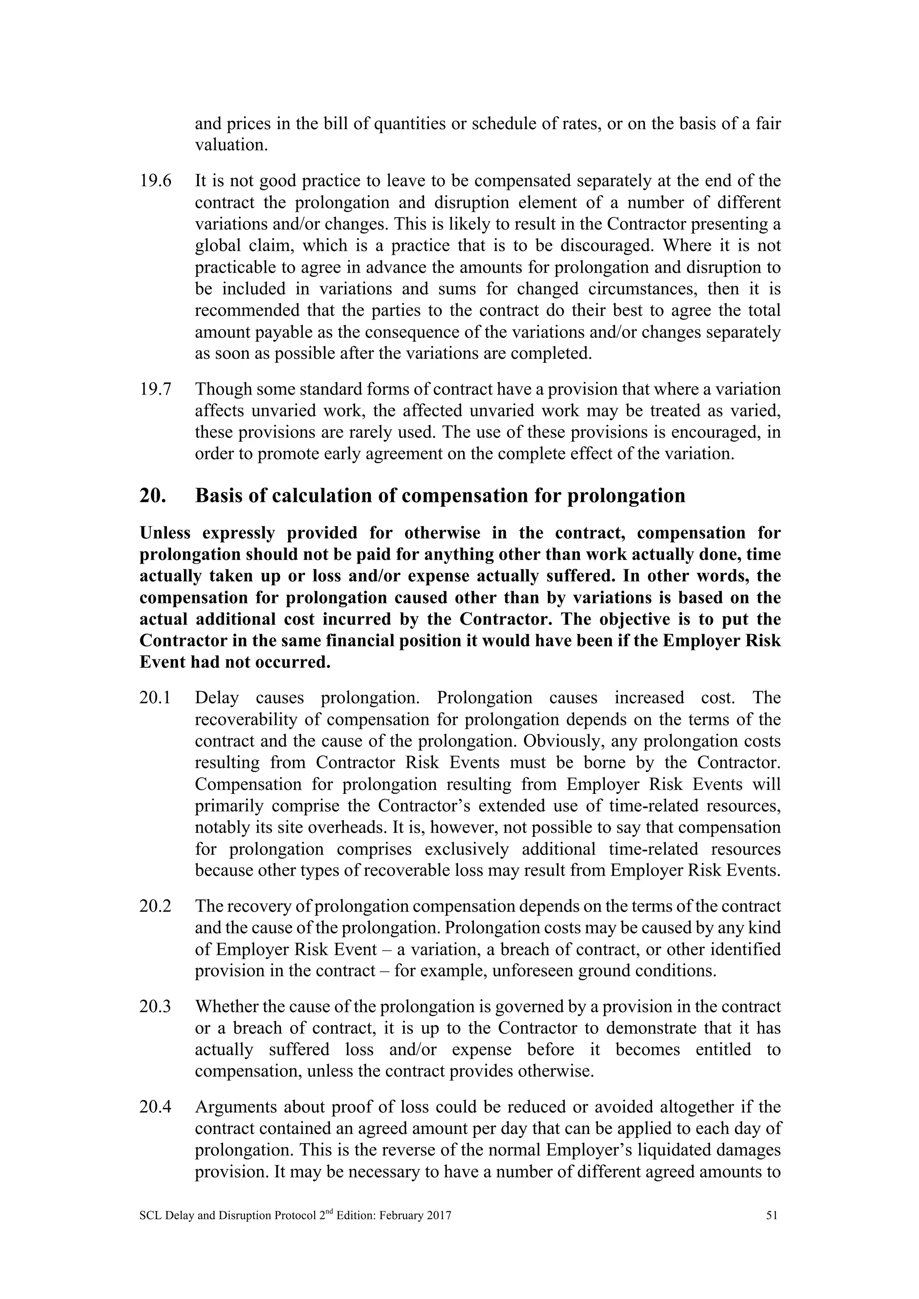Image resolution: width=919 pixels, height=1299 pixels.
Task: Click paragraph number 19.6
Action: tap(155, 182)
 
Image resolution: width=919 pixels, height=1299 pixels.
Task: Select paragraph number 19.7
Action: tap(155, 390)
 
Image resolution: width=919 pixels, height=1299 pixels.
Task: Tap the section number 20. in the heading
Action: tap(153, 496)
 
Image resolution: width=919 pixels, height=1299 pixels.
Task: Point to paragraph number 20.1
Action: tap(155, 698)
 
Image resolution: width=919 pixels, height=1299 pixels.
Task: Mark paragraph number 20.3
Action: tap(155, 1007)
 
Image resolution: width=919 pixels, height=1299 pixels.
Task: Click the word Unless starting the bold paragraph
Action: tap(165, 533)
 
